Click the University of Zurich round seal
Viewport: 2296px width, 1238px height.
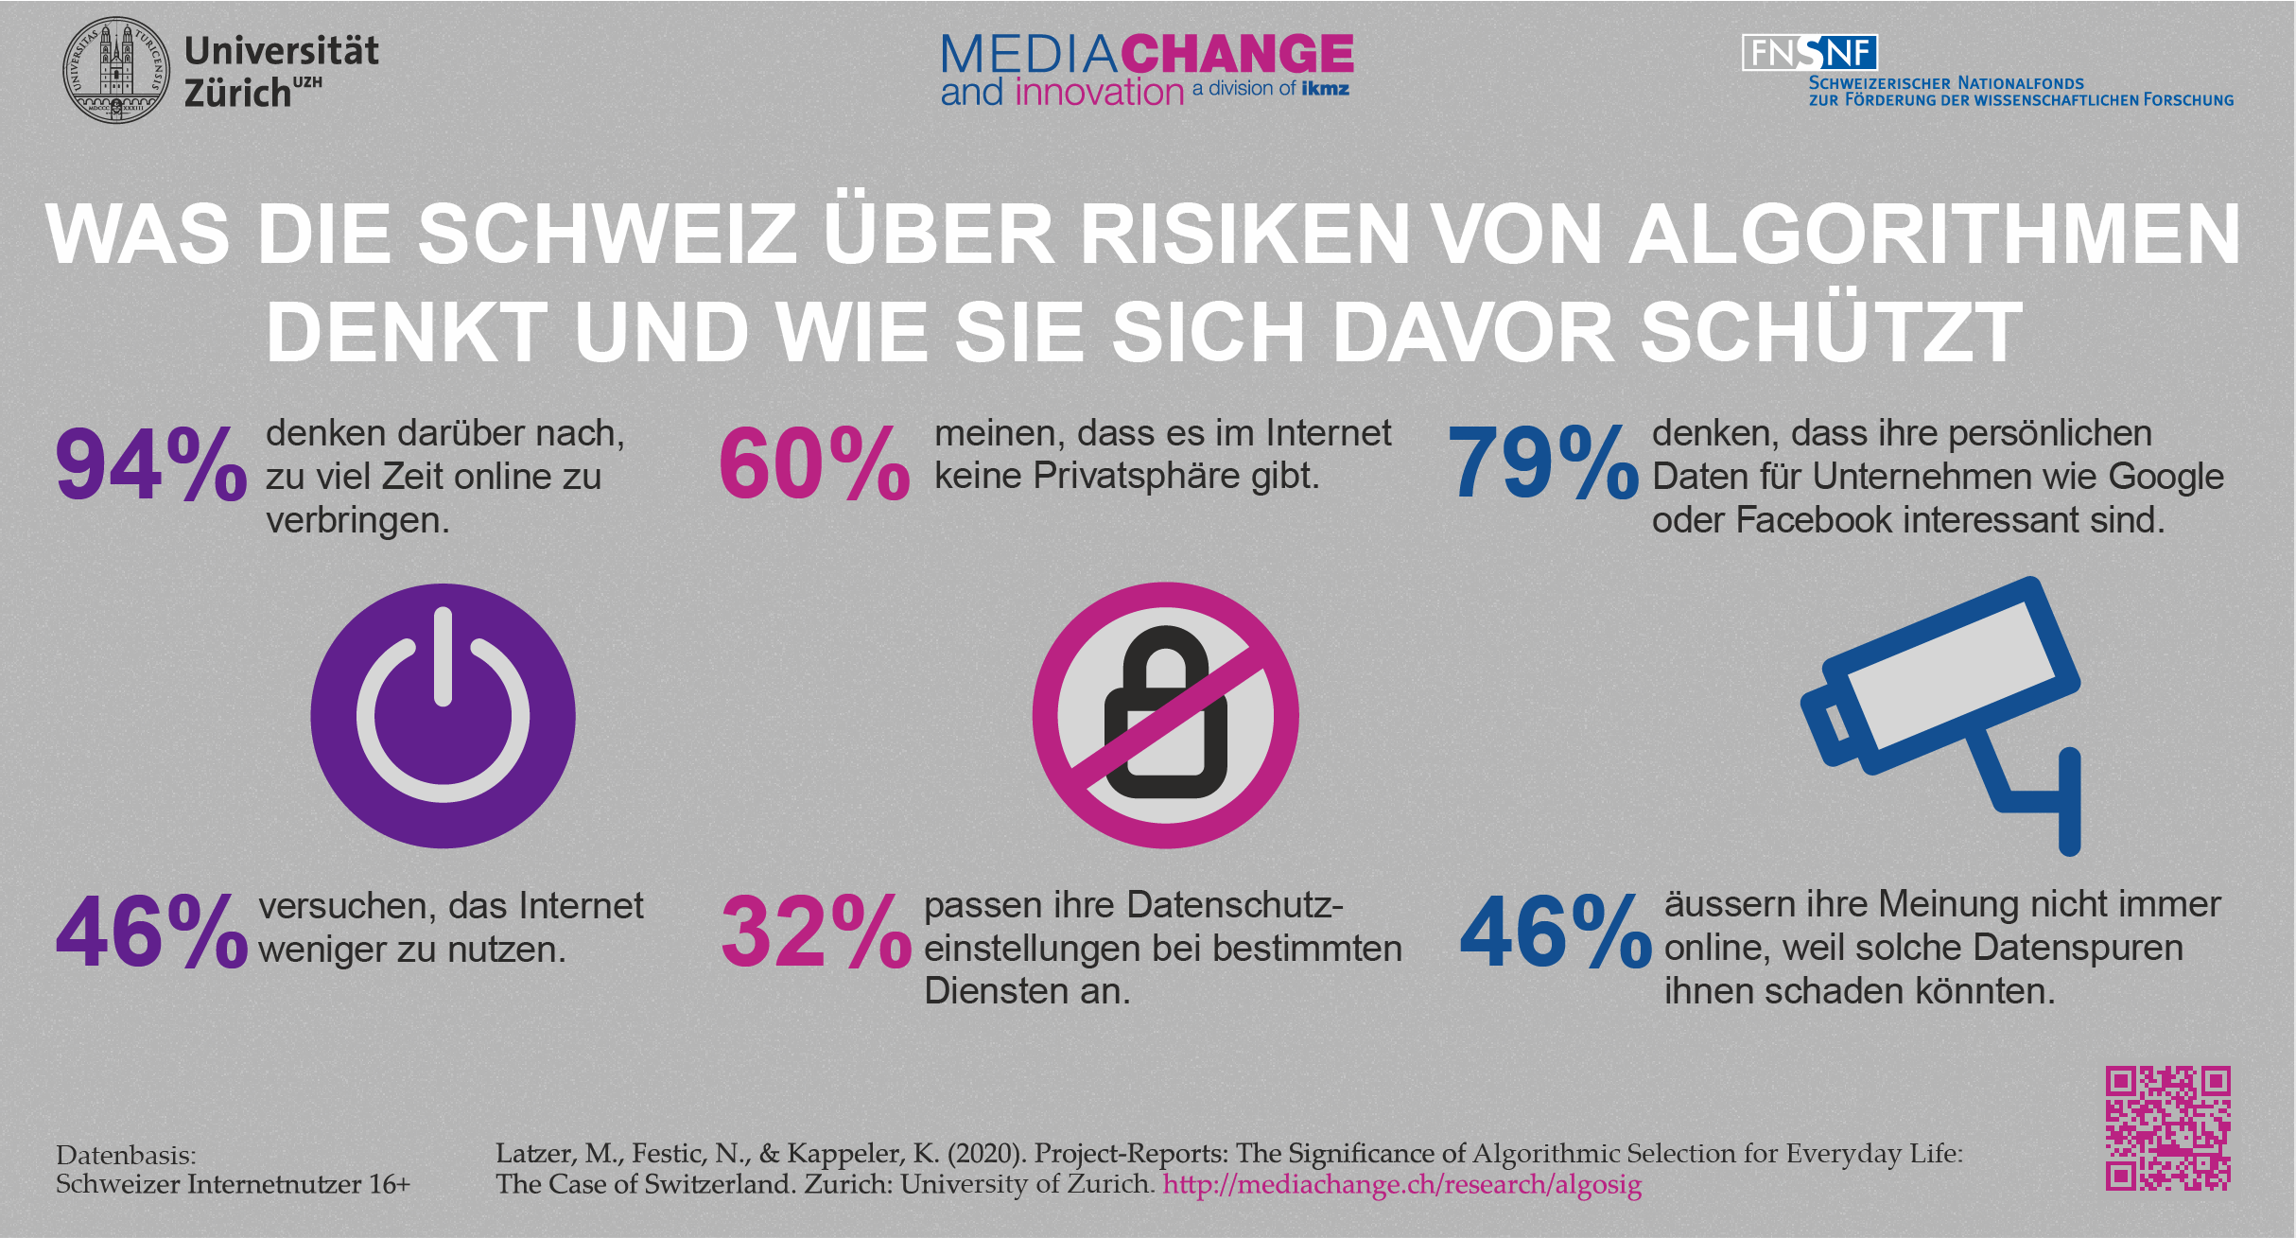pyautogui.click(x=116, y=70)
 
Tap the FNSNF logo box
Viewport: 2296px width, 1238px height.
pyautogui.click(x=1809, y=53)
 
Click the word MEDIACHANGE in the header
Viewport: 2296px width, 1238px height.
pyautogui.click(x=1147, y=54)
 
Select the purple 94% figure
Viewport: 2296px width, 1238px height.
pyautogui.click(x=151, y=464)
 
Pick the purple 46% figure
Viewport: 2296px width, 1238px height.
pyautogui.click(x=151, y=933)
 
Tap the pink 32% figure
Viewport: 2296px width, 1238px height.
pyautogui.click(x=816, y=933)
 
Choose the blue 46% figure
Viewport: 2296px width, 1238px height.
pyautogui.click(x=1556, y=933)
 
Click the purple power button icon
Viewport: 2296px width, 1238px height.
pyautogui.click(x=443, y=716)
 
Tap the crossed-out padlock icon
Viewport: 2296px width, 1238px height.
pyautogui.click(x=1165, y=715)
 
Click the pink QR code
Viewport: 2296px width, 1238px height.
pyautogui.click(x=2167, y=1127)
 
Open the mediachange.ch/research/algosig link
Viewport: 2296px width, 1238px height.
pyautogui.click(x=1401, y=1185)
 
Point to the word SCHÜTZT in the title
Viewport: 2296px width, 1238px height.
pyautogui.click(x=1831, y=332)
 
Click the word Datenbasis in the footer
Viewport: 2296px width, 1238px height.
pyautogui.click(x=126, y=1156)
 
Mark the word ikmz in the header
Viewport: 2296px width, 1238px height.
pyautogui.click(x=1325, y=89)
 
